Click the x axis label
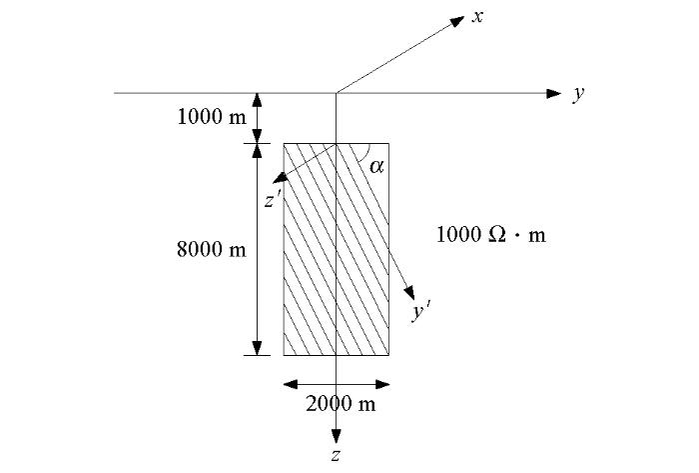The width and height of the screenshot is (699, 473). click(x=478, y=17)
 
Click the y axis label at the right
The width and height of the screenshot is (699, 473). click(x=578, y=94)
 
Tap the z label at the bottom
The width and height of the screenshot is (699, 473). click(x=337, y=455)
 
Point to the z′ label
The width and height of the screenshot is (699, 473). click(x=272, y=200)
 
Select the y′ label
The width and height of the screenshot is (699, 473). click(x=420, y=311)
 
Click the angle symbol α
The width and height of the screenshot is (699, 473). click(x=376, y=166)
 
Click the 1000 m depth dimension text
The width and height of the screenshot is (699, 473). click(x=212, y=117)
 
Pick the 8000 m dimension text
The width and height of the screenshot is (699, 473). click(x=212, y=249)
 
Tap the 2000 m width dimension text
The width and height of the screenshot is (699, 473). click(x=341, y=404)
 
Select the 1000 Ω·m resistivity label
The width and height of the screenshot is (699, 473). click(x=491, y=234)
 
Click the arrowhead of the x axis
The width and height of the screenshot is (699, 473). click(x=456, y=21)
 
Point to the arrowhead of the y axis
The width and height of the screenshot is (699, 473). click(x=553, y=94)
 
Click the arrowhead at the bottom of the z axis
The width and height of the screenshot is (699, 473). click(x=337, y=437)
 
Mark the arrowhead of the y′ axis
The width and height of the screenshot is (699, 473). click(x=409, y=293)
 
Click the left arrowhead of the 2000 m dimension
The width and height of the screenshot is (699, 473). click(x=292, y=384)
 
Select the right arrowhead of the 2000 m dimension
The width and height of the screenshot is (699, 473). click(x=382, y=384)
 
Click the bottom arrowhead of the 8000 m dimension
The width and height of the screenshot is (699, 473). click(x=258, y=348)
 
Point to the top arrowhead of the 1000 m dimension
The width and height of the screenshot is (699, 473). click(x=258, y=101)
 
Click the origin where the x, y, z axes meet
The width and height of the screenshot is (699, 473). click(x=337, y=93)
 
